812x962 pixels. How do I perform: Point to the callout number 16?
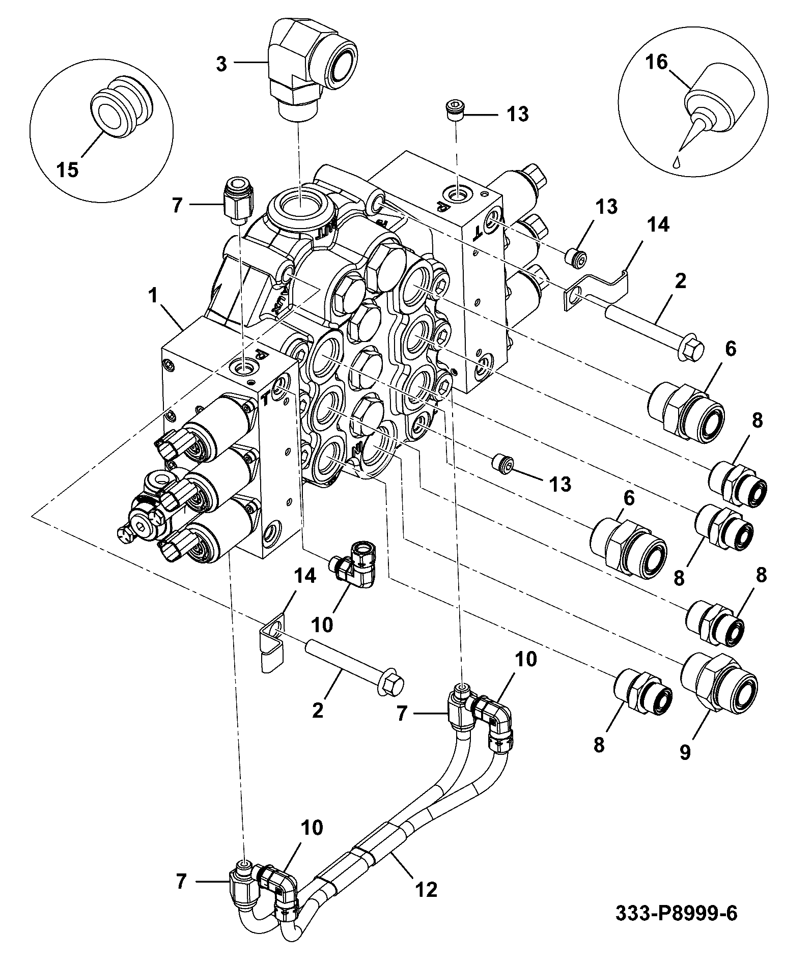[x=656, y=62]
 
